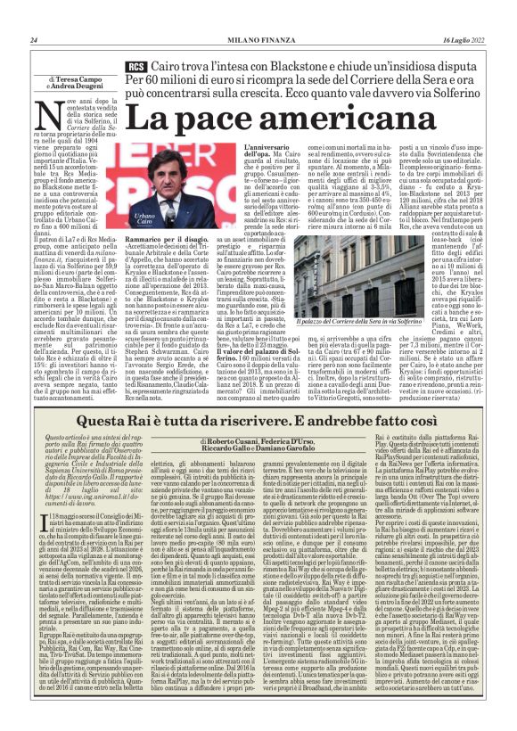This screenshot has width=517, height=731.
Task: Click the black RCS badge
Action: coord(137,68)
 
